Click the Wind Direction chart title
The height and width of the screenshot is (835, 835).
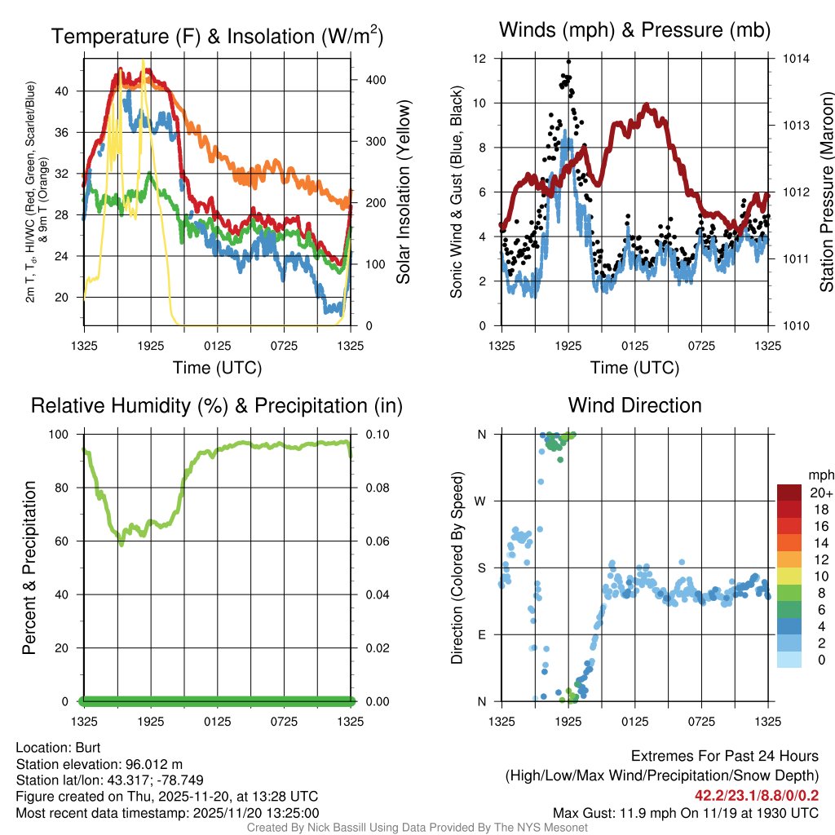pos(634,405)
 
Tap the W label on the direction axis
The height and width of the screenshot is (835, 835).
pos(480,501)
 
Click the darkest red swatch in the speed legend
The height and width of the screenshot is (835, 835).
pos(789,493)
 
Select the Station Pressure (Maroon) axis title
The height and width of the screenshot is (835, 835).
pos(826,192)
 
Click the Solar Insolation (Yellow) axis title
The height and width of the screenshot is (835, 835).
pos(404,192)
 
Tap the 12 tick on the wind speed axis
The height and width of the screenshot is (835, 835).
pos(481,59)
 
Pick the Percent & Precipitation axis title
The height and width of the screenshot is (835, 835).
pos(29,568)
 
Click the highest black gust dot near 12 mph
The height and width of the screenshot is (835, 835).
pos(568,61)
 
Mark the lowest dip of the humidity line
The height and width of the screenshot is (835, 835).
pos(121,544)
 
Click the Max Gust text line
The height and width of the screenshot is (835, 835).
pos(685,812)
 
